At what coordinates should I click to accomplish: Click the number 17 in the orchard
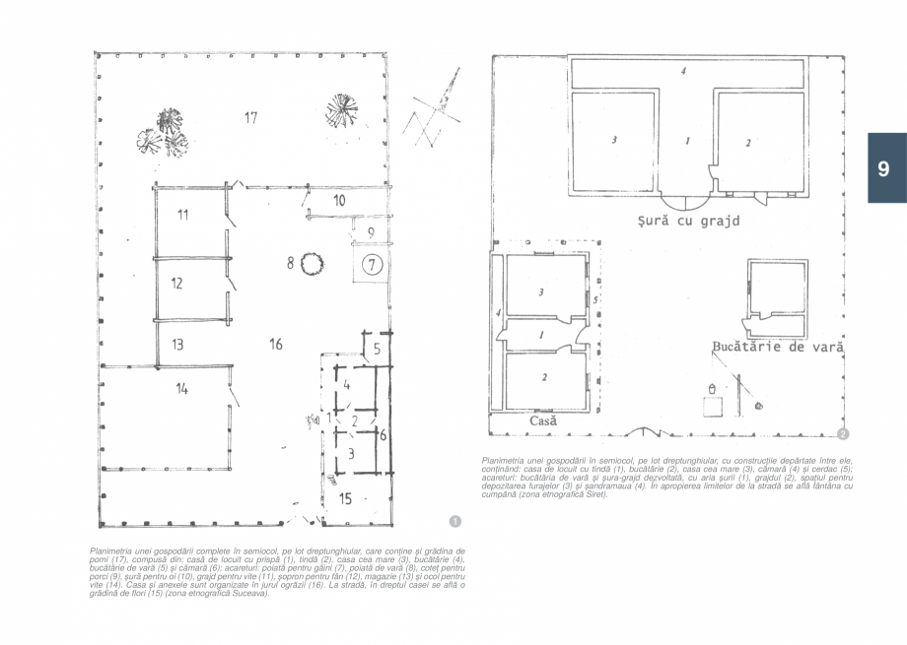point(250,118)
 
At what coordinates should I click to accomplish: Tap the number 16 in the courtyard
point(275,344)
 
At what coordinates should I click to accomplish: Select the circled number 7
point(371,264)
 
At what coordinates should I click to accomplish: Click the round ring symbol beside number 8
point(314,262)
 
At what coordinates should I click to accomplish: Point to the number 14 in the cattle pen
point(181,389)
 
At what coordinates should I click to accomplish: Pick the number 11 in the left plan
point(183,215)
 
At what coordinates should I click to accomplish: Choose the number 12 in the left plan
point(176,284)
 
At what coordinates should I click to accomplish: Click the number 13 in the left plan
point(177,345)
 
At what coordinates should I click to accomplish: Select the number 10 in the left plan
point(338,200)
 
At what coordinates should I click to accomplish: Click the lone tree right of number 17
point(341,105)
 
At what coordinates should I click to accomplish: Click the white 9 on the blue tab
point(883,168)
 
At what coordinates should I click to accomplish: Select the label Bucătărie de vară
point(778,347)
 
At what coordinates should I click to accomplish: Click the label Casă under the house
point(543,420)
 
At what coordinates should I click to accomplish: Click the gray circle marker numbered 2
point(843,434)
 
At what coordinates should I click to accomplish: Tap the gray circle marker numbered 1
point(453,519)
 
